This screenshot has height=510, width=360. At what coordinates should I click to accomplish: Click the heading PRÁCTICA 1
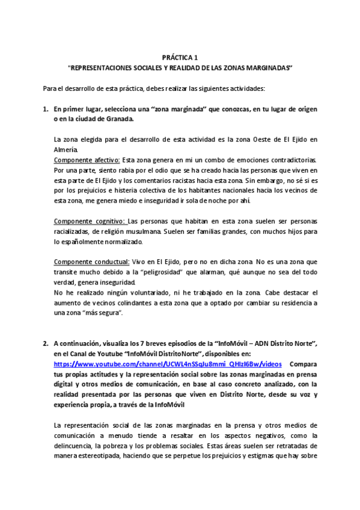click(180, 57)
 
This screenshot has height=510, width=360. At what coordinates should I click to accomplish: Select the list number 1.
click(45, 109)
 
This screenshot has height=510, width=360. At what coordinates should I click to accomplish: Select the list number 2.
click(45, 343)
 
